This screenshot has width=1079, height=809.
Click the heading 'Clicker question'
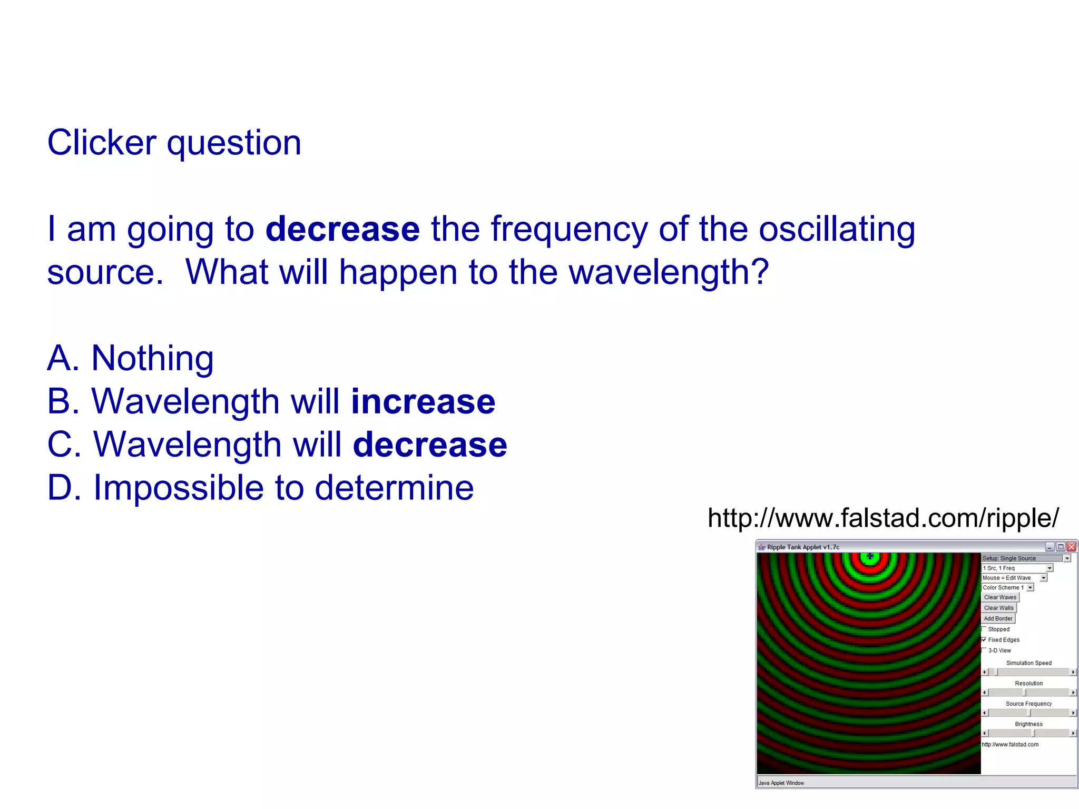(174, 143)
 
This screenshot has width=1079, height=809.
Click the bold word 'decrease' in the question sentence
(342, 229)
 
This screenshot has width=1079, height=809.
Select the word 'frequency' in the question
(569, 229)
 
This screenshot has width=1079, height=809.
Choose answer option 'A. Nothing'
(130, 358)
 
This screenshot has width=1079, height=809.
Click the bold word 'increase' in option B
(423, 401)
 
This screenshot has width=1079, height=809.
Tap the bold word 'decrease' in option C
(430, 445)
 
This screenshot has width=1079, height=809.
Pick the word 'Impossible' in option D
(178, 488)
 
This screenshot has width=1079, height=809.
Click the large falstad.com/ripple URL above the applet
(883, 518)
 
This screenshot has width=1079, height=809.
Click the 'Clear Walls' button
(998, 608)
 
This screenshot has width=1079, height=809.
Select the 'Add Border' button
(998, 618)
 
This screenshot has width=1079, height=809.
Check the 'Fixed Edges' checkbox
(984, 639)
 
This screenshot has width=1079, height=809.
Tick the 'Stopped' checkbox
(984, 629)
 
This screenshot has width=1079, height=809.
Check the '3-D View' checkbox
(984, 650)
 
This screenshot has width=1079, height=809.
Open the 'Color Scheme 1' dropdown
(1008, 587)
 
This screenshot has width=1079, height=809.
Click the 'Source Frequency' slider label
(1028, 704)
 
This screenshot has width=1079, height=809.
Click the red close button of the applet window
(1071, 547)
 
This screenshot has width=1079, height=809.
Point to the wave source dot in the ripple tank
(870, 556)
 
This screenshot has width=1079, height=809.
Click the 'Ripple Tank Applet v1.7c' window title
(803, 547)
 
